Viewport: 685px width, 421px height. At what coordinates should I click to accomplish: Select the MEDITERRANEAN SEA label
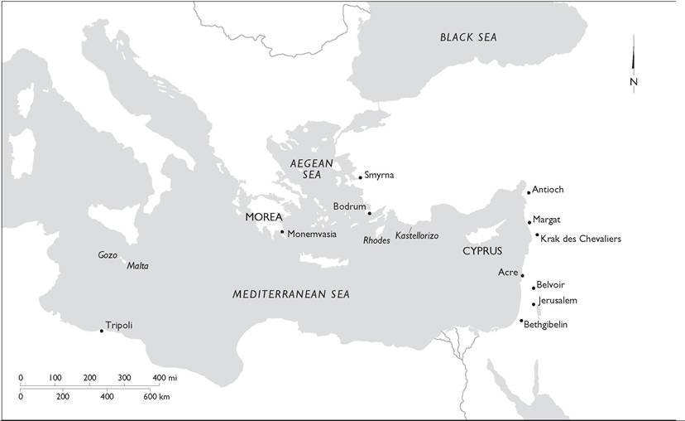coord(291,294)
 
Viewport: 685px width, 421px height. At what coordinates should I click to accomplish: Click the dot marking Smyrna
coord(361,177)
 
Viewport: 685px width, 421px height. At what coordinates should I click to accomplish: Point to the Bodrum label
coord(349,206)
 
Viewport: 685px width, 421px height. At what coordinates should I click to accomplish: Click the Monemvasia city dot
coord(282,232)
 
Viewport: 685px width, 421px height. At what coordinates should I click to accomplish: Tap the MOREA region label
coord(264,217)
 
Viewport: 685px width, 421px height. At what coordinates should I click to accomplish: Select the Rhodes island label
coord(376,240)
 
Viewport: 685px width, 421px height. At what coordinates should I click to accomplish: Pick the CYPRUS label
coord(482,250)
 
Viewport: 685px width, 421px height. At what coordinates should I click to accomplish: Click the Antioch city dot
coord(529,192)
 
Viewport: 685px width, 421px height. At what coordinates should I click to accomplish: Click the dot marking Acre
coord(522,275)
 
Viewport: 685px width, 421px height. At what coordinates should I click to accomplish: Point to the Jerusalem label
coord(558,300)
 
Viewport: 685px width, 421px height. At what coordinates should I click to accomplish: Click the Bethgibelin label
coord(546,324)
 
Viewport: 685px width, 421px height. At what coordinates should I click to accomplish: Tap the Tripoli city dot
coord(101,331)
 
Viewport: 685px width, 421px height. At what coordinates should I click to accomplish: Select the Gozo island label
coord(108,254)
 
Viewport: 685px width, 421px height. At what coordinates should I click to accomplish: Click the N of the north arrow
coord(633,81)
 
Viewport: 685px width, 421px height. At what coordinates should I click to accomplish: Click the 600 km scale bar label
coord(156,398)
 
